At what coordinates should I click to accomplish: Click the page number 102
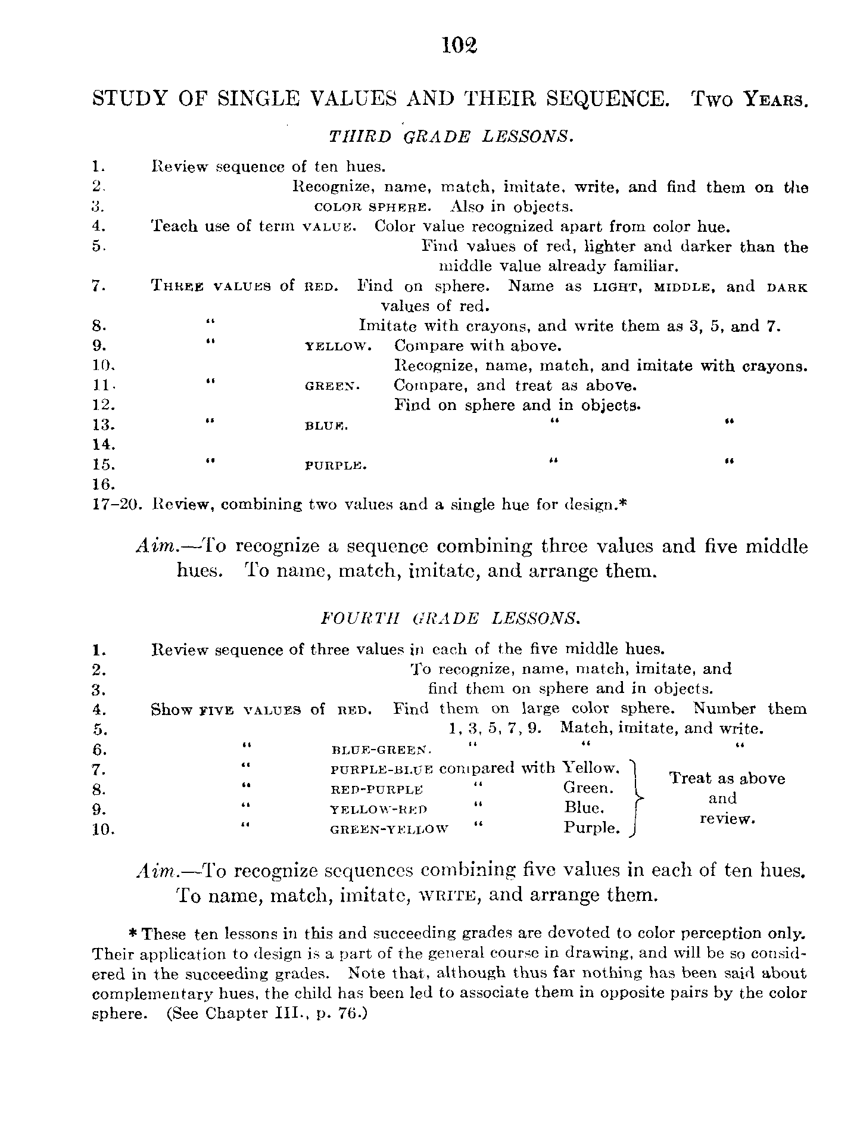click(460, 45)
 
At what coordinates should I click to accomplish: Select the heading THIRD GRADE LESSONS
click(451, 136)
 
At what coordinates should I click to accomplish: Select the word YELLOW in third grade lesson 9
click(338, 346)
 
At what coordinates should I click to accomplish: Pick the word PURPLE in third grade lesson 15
click(335, 465)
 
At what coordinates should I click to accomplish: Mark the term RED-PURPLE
click(376, 790)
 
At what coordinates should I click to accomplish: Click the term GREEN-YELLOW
click(388, 829)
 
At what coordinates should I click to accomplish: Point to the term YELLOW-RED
click(379, 809)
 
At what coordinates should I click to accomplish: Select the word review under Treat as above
click(727, 819)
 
